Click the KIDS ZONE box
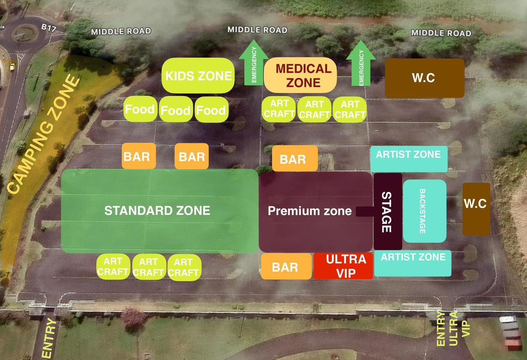click(x=198, y=75)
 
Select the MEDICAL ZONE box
click(x=300, y=75)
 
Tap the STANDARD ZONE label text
click(x=157, y=211)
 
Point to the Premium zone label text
click(x=310, y=211)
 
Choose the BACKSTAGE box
click(x=424, y=211)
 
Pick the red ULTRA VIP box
click(x=343, y=266)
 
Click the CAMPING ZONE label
click(x=43, y=136)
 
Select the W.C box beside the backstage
click(x=476, y=209)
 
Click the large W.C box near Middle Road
click(x=424, y=78)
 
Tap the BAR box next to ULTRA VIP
click(x=286, y=266)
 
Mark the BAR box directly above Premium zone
click(x=294, y=159)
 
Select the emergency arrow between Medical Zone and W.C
click(x=361, y=64)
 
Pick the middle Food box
click(x=176, y=110)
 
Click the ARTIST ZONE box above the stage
click(x=408, y=159)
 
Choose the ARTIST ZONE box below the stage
click(x=413, y=263)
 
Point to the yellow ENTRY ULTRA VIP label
click(x=453, y=330)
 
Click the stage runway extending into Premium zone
click(x=364, y=211)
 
